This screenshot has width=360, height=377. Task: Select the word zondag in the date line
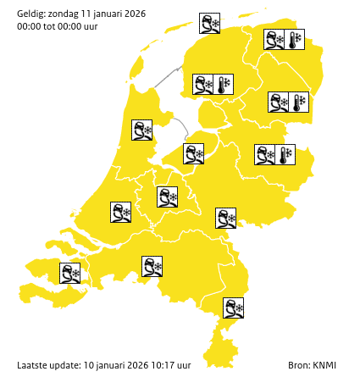pyautogui.click(x=65, y=12)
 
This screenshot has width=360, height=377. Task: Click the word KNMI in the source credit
pyautogui.click(x=324, y=365)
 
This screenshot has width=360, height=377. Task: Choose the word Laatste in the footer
pyautogui.click(x=32, y=365)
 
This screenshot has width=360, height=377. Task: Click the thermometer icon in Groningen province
pyautogui.click(x=294, y=40)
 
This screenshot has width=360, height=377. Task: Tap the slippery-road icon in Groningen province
pyautogui.click(x=274, y=40)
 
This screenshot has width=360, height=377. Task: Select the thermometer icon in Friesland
pyautogui.click(x=223, y=85)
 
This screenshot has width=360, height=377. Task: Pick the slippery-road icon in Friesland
pyautogui.click(x=202, y=85)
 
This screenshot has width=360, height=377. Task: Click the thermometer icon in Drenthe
pyautogui.click(x=299, y=103)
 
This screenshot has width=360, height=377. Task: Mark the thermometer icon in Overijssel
pyautogui.click(x=285, y=154)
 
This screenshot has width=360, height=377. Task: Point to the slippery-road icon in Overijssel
pyautogui.click(x=265, y=154)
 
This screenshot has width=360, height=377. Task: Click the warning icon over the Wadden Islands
pyautogui.click(x=209, y=23)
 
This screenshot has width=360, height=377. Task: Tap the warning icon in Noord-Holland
pyautogui.click(x=141, y=130)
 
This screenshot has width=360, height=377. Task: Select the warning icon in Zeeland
pyautogui.click(x=69, y=273)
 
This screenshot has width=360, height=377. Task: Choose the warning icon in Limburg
pyautogui.click(x=233, y=308)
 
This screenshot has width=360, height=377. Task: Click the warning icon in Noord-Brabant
pyautogui.click(x=152, y=267)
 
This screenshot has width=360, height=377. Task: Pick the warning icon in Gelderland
pyautogui.click(x=225, y=218)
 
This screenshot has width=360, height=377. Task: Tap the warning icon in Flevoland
pyautogui.click(x=193, y=153)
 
